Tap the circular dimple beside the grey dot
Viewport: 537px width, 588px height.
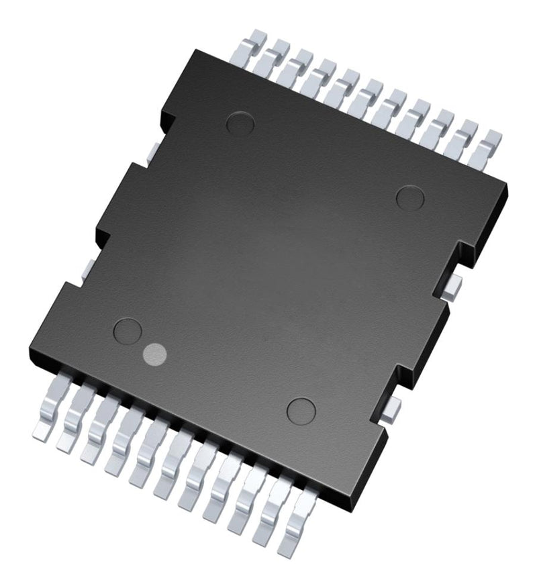[x=128, y=331]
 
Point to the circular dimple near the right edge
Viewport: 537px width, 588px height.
[x=410, y=197]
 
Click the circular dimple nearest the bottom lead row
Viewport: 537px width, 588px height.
[x=301, y=409]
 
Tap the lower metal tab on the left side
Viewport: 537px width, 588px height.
[x=86, y=266]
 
